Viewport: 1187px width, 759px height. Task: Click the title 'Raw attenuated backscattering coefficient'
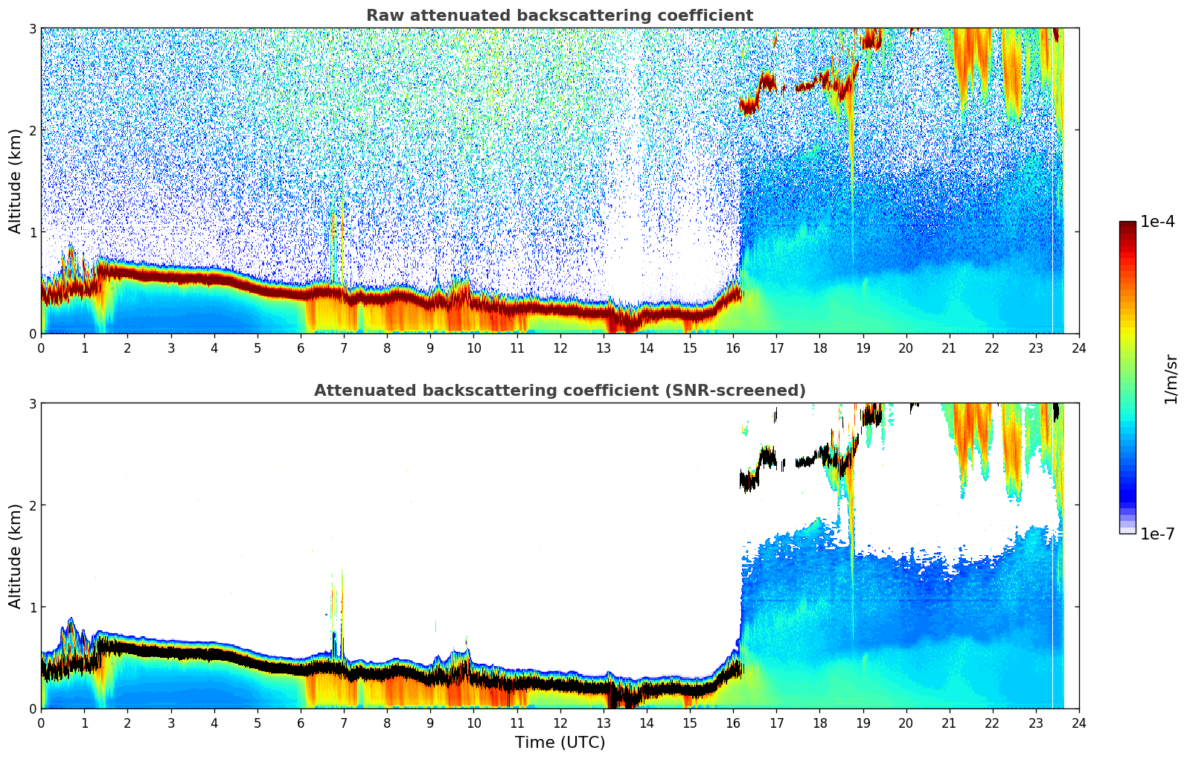click(x=559, y=16)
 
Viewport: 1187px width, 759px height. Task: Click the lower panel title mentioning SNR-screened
click(x=559, y=391)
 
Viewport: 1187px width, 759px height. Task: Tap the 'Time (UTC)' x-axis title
click(x=560, y=742)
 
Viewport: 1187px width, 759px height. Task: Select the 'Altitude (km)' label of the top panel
click(x=15, y=181)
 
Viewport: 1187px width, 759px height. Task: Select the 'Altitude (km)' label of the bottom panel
click(x=15, y=556)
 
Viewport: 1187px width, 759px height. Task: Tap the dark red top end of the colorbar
click(x=1127, y=225)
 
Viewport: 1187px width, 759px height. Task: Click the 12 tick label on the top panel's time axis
click(x=560, y=348)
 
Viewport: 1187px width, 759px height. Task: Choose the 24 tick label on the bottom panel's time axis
click(x=1078, y=723)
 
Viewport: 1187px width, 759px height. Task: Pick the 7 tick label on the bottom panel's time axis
click(x=344, y=723)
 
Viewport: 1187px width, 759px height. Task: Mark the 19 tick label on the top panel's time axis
click(x=863, y=348)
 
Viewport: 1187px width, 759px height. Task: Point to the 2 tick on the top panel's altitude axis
click(x=32, y=130)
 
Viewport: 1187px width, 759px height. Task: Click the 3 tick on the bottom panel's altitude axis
click(x=32, y=403)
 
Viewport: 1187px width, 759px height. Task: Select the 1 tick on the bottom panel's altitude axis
click(x=32, y=607)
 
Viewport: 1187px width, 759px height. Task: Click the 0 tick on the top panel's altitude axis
click(x=32, y=333)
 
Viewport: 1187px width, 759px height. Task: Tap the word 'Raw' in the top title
click(x=383, y=16)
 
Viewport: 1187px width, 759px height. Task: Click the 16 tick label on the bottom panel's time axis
click(x=733, y=723)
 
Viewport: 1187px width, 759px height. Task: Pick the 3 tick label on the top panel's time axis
click(x=170, y=348)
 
